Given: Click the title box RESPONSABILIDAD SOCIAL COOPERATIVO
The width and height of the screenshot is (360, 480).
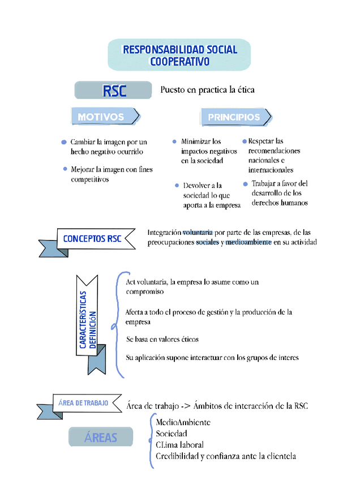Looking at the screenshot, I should tap(179, 55).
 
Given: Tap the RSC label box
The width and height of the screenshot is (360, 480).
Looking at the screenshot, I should tap(113, 91).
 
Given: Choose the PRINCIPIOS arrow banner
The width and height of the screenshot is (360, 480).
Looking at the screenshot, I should tap(235, 117).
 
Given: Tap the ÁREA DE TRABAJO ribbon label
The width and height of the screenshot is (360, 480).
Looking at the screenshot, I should tap(84, 403).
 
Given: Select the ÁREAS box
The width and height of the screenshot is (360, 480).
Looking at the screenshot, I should tap(101, 437).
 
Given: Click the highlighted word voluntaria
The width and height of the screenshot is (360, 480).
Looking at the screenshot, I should tap(197, 232).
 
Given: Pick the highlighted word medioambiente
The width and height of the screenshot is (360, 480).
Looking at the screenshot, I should tap(248, 242).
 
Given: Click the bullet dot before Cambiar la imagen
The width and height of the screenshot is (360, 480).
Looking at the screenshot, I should tap(64, 142).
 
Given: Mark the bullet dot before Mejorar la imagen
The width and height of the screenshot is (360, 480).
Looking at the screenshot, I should tap(65, 169).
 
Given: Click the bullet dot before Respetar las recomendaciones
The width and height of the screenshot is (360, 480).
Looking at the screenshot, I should tap(245, 141).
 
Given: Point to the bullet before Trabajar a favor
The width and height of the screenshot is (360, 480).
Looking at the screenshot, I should tap(245, 183).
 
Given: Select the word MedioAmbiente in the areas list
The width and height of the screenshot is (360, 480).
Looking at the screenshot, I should tap(183, 422).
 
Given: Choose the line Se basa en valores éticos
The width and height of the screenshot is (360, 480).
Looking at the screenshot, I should tap(162, 339).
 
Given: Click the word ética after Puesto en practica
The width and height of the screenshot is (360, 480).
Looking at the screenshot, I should tap(243, 89).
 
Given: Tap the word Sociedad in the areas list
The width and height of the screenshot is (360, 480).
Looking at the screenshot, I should tap(171, 434).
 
